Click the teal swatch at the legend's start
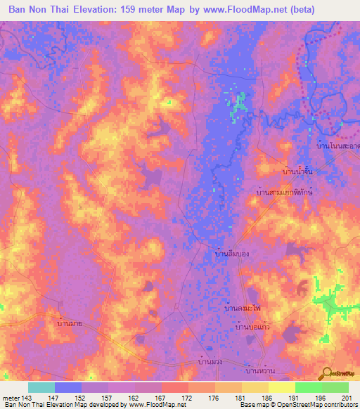click(41, 387)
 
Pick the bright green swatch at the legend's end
click(335, 387)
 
